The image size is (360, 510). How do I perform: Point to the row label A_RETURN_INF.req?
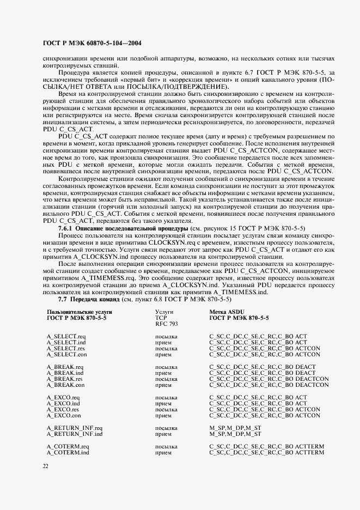point(75,428)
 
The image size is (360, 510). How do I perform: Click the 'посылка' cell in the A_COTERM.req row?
point(166,447)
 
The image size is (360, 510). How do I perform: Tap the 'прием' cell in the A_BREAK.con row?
point(163,384)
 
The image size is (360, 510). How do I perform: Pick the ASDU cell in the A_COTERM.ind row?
point(267,452)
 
